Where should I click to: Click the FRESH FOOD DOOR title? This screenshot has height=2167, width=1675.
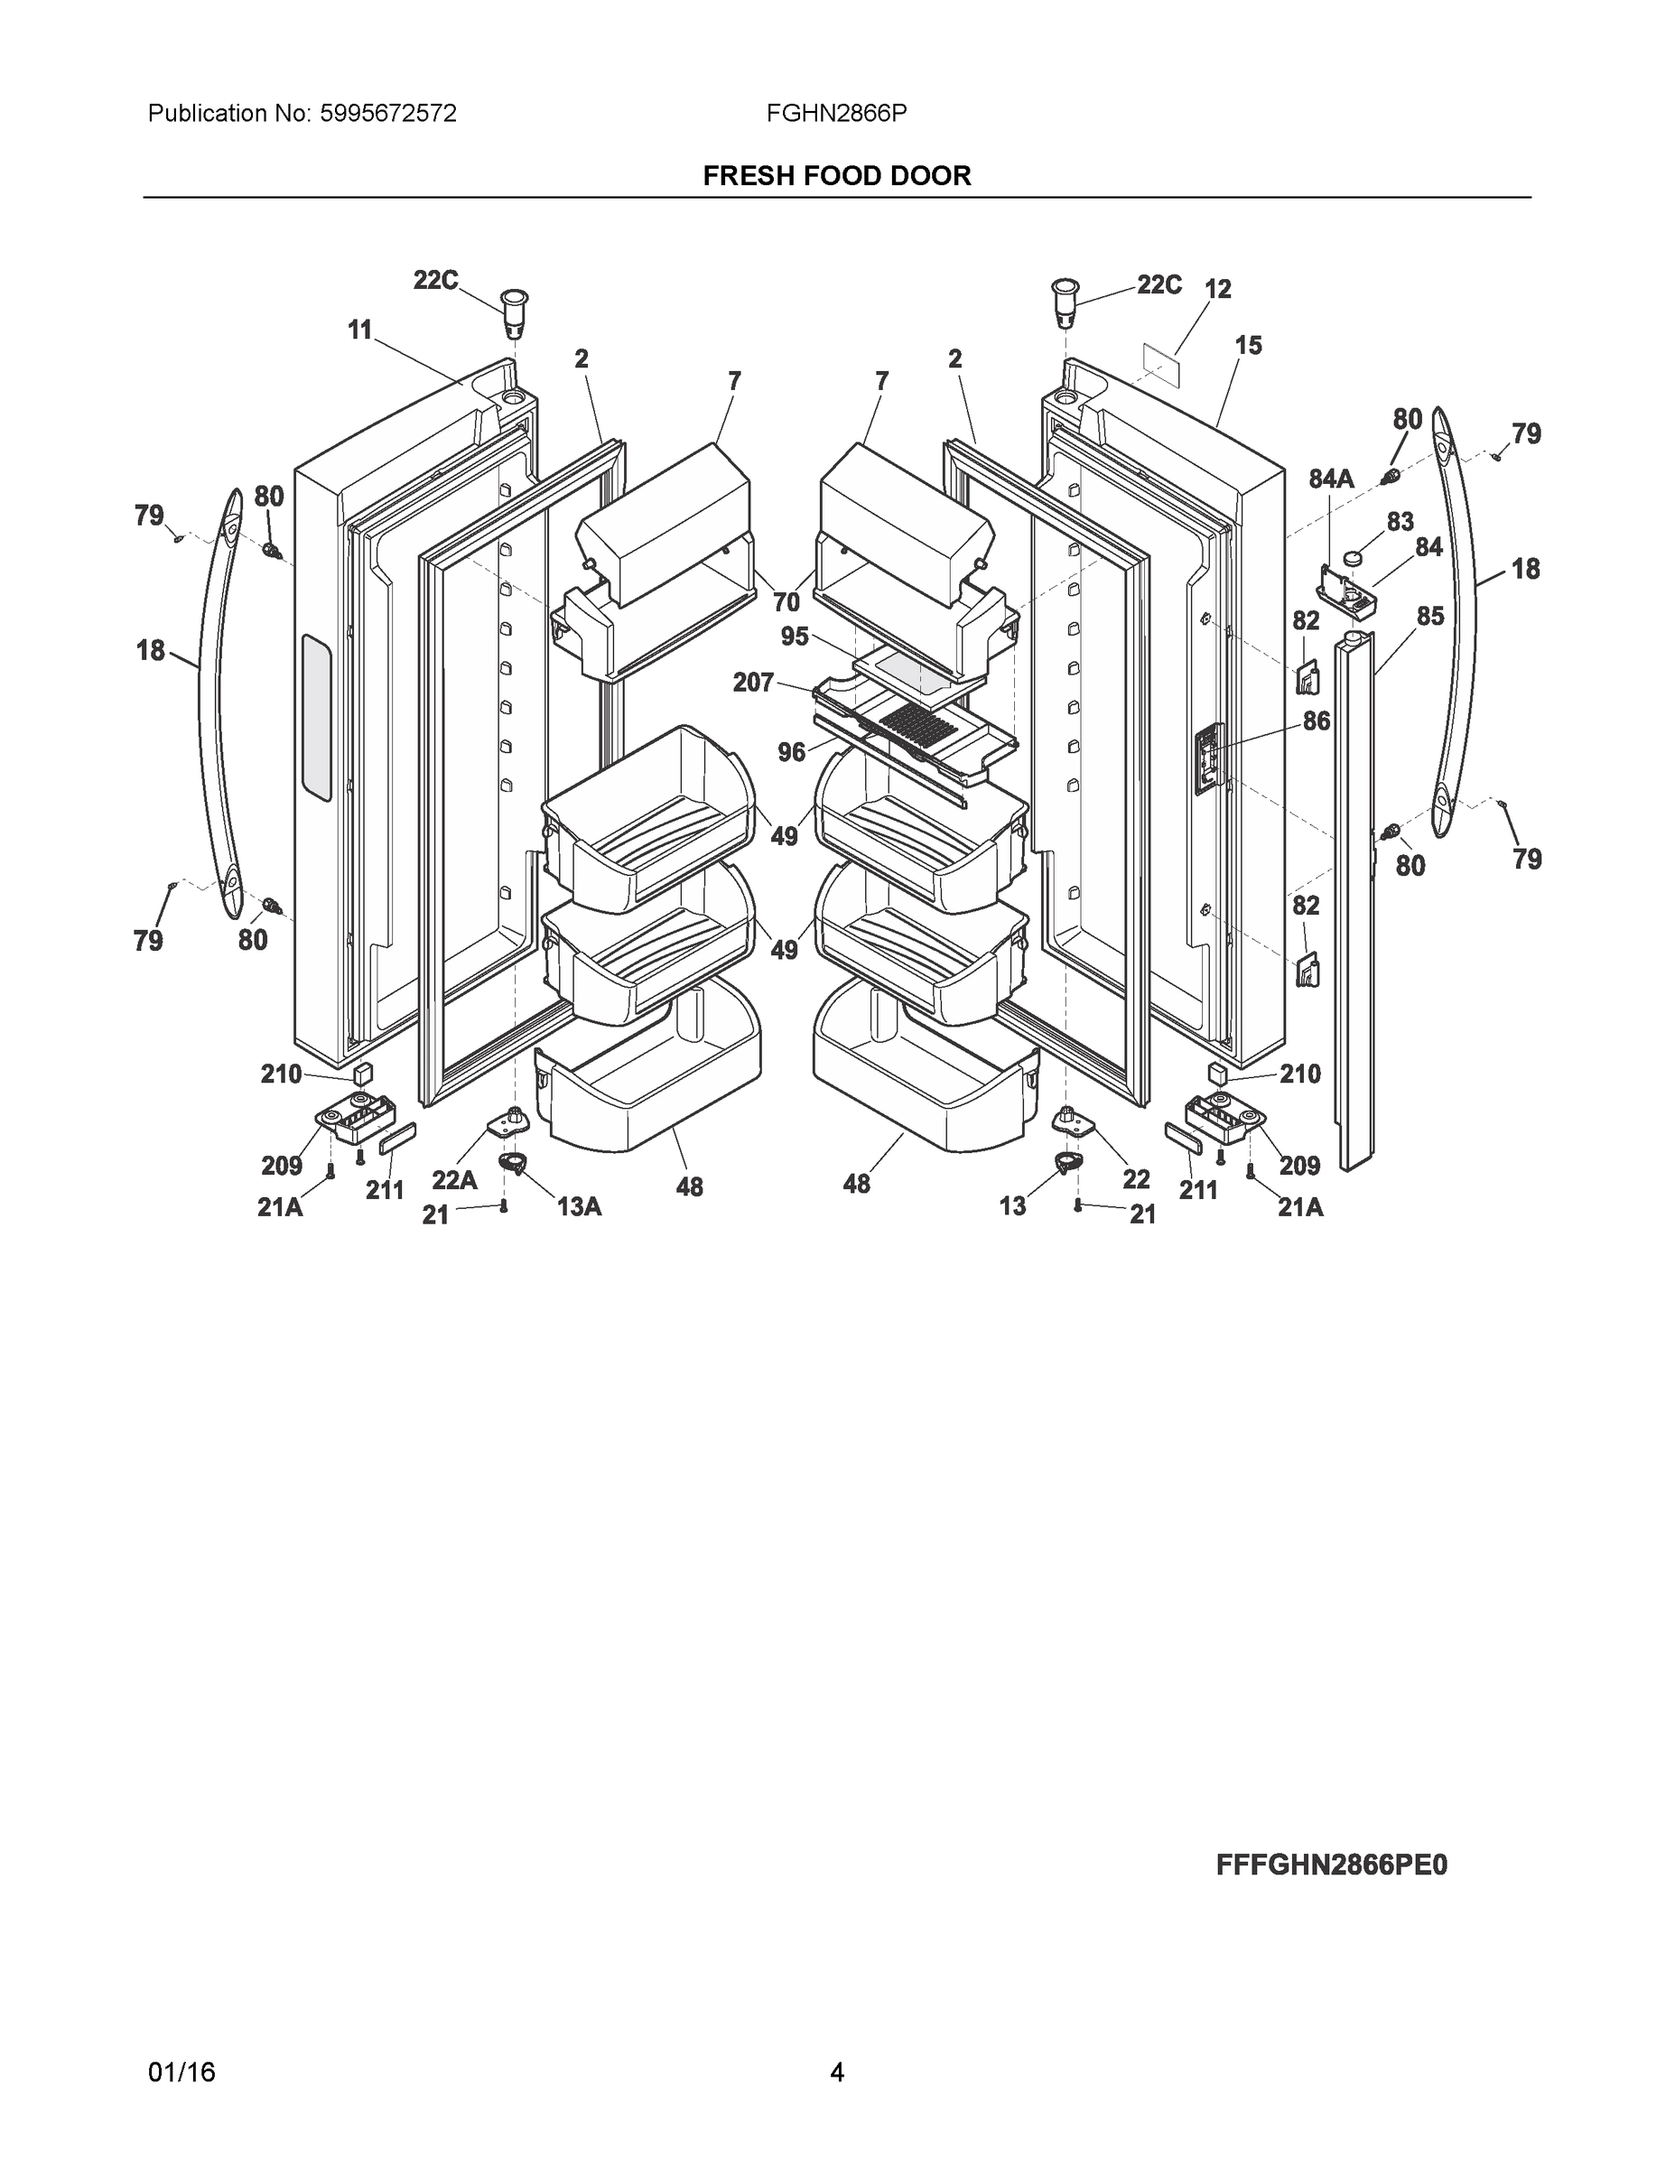836,176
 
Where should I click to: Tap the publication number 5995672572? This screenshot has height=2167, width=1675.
387,114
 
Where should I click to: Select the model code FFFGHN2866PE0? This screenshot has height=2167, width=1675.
1331,1865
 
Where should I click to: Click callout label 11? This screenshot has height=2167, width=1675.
359,330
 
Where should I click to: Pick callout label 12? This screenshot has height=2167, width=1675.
1217,289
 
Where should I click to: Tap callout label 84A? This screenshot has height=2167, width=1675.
1330,479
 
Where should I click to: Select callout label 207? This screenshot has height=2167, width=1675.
753,683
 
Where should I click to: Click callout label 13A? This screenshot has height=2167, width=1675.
580,1206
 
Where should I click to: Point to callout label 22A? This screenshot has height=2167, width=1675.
454,1180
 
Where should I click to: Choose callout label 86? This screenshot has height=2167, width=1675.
1316,721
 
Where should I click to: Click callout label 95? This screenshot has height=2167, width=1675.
794,636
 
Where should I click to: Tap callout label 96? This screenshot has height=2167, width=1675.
791,752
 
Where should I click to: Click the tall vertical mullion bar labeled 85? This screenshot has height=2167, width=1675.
1356,893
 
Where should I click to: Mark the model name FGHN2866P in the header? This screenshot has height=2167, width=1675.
835,114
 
